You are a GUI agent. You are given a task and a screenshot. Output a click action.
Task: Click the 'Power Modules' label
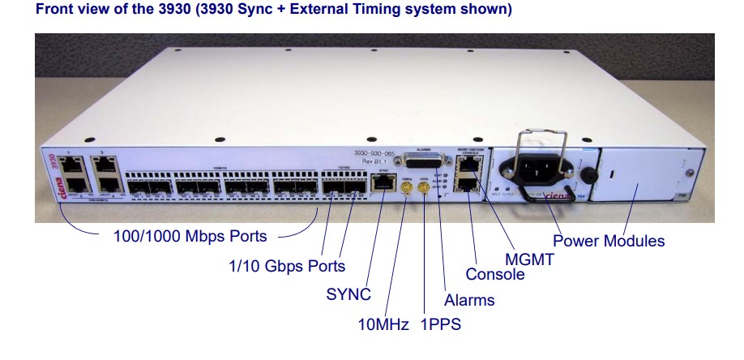coord(609,241)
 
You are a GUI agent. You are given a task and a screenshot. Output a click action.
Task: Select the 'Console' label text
coord(494,274)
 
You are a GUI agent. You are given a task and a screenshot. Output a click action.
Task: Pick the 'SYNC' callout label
coord(348,294)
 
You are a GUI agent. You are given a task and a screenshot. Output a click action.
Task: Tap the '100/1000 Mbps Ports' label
coord(190,238)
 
